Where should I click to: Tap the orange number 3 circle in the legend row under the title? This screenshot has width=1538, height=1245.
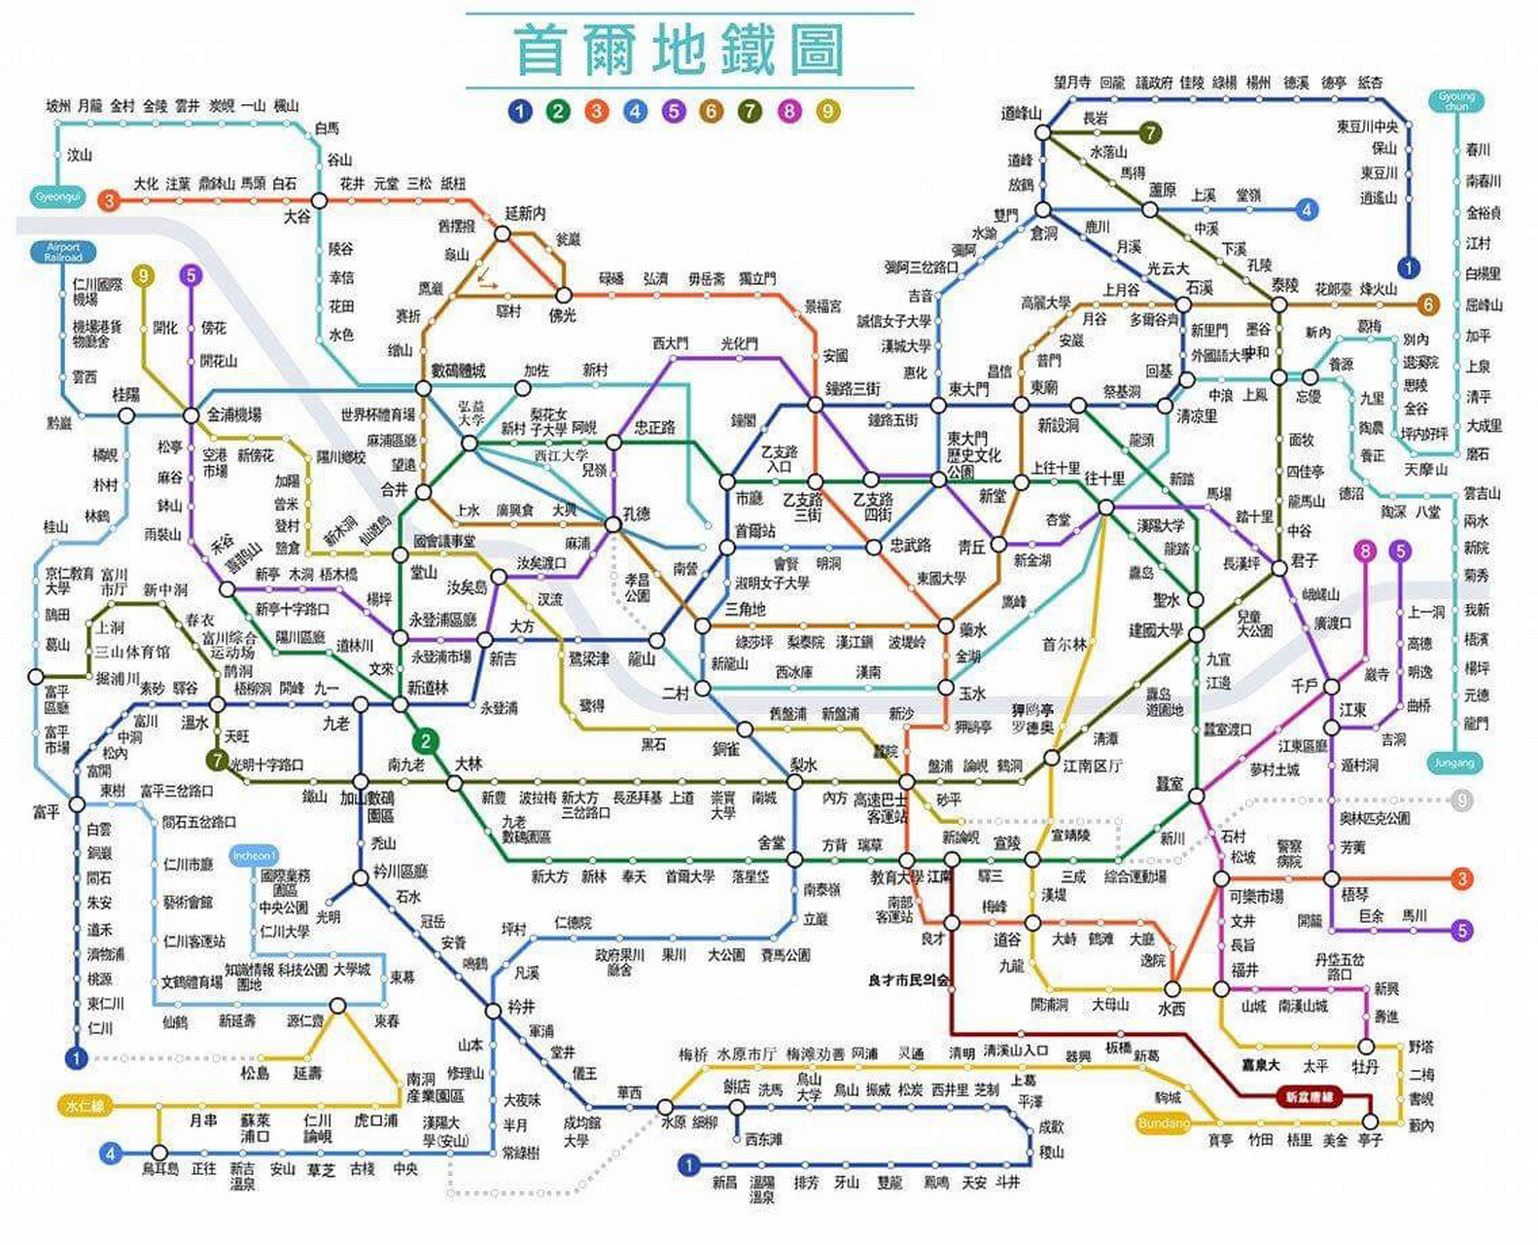pos(596,111)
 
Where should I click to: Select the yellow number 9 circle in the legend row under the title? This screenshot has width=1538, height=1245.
pos(827,111)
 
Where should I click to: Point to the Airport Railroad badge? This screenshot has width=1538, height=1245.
pos(63,252)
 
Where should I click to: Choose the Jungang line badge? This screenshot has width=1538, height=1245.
pos(1453,763)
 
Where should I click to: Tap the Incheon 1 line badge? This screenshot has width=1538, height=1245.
pos(254,856)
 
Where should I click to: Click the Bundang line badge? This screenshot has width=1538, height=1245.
pos(1163,1123)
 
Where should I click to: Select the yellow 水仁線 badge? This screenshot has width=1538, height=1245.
pos(85,1106)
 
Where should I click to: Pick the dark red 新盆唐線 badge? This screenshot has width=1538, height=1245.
pos(1309,1097)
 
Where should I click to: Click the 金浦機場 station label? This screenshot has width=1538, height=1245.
pos(234,415)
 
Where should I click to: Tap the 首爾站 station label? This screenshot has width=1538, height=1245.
pos(754,531)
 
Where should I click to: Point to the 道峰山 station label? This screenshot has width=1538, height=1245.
pos(1022,114)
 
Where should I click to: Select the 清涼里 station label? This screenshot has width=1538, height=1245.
pos(1197,416)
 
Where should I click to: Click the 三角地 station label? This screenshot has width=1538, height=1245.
pos(745,610)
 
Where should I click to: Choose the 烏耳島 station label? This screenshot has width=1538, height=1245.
pos(160,1169)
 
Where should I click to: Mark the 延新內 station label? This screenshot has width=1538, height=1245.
pos(525,213)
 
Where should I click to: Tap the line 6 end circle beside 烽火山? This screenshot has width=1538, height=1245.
pos(1427,304)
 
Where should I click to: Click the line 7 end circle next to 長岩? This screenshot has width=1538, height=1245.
pos(1150,132)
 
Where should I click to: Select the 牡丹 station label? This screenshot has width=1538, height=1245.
pos(1365,1067)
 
